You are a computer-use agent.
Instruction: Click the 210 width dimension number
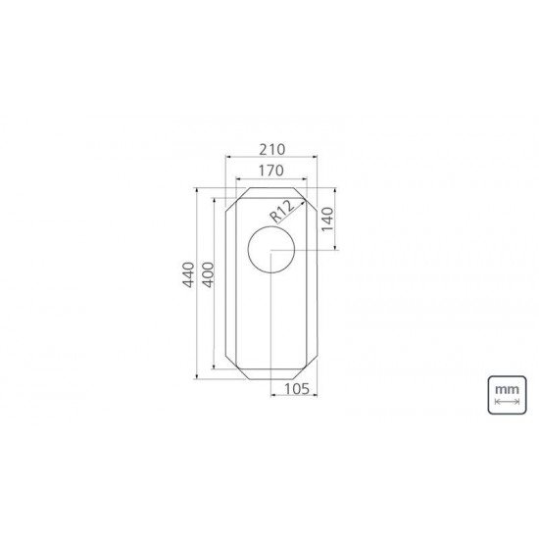[x=270, y=149]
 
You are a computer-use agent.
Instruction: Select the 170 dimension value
[x=270, y=171]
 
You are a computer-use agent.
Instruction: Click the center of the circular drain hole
[x=270, y=251]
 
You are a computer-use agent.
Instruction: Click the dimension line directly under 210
[x=270, y=159]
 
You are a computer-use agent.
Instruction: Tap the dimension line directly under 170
[x=270, y=180]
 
